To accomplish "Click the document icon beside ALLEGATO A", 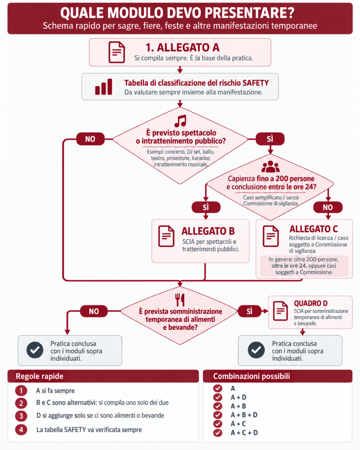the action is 116,52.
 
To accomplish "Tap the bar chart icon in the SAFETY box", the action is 104,87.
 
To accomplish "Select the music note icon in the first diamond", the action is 181,121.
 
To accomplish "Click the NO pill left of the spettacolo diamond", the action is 90,139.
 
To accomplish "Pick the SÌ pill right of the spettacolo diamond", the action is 270,139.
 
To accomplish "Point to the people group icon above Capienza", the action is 270,167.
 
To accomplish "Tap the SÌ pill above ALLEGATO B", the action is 206,207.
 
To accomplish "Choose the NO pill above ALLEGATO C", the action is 328,207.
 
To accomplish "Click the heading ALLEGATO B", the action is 208,231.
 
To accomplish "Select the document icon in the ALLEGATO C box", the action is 271,236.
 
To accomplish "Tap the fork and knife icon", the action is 180,300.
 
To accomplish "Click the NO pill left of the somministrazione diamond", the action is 94,312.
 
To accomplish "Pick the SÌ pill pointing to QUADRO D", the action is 250,311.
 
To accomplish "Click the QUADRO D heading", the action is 311,303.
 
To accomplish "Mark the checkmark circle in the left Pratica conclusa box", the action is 35,350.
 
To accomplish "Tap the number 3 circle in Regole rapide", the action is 21,416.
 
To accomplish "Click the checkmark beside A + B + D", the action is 218,415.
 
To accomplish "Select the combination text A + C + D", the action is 244,433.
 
